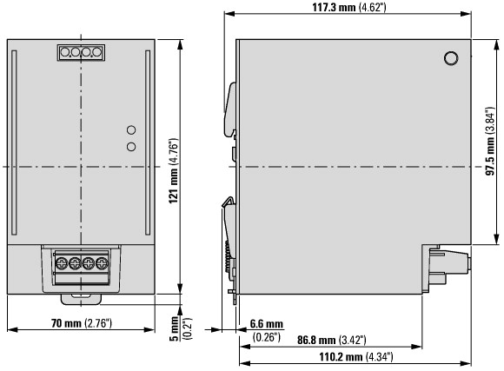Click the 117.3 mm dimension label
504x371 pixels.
coord(349,7)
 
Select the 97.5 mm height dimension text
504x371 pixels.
coord(490,141)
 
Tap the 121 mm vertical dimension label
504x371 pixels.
coord(174,170)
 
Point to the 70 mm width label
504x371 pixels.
coord(82,322)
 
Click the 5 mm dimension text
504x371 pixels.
coord(174,328)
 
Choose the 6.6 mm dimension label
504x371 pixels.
coord(267,324)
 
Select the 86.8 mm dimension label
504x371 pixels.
coord(331,340)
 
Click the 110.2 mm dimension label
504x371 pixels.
coord(355,356)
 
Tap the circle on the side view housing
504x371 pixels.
coord(451,58)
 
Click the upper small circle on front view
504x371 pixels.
coord(131,129)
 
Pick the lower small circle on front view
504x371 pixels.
coord(131,147)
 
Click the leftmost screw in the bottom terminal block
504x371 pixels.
coord(61,263)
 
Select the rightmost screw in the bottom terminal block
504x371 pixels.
coord(102,263)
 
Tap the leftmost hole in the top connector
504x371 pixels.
coord(65,52)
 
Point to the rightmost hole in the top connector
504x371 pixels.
coord(97,52)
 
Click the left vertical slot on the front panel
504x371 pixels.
coord(14,142)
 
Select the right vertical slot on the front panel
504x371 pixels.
coord(148,142)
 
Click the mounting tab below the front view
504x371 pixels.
coord(81,299)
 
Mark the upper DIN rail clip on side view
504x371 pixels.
coord(231,109)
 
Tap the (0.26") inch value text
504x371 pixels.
coord(267,337)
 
